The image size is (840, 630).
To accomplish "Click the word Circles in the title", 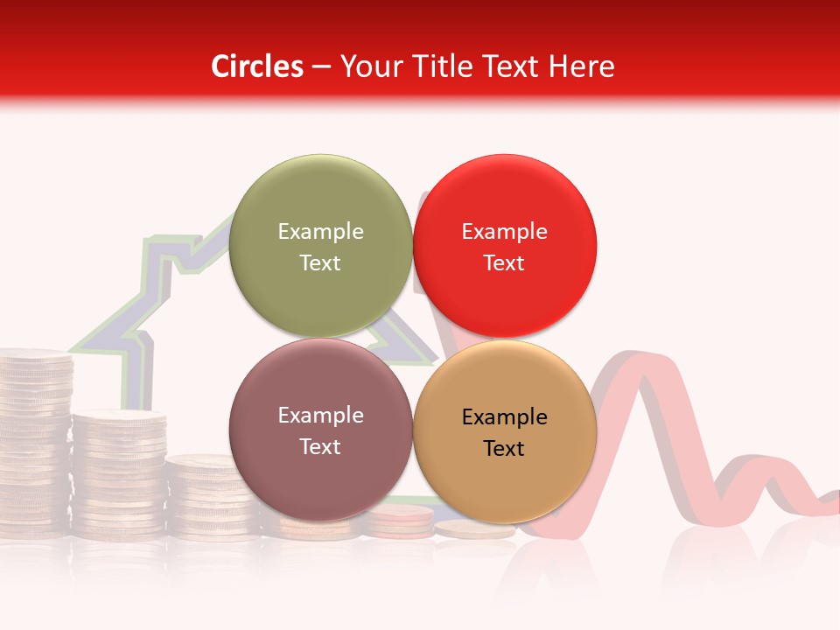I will coord(256,66).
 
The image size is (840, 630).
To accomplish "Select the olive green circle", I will coord(320,246).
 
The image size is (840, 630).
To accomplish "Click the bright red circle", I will coord(504,246).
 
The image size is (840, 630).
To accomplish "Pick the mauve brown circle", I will coord(320,430).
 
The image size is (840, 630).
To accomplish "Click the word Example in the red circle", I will coord(504,231).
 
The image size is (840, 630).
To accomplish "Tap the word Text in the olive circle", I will coord(320,262).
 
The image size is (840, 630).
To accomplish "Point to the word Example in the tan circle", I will coord(504,416).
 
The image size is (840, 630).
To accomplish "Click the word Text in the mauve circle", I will coord(320,446).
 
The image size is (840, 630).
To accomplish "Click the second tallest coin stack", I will coord(119,472).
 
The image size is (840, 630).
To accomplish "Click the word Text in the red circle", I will coord(504,262).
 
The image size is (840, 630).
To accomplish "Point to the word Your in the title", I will coord(369,66).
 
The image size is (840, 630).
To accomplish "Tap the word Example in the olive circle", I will coord(320,231).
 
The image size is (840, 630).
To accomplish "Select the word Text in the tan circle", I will coord(504,448).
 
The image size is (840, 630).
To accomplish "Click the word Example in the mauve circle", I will coord(320,415).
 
